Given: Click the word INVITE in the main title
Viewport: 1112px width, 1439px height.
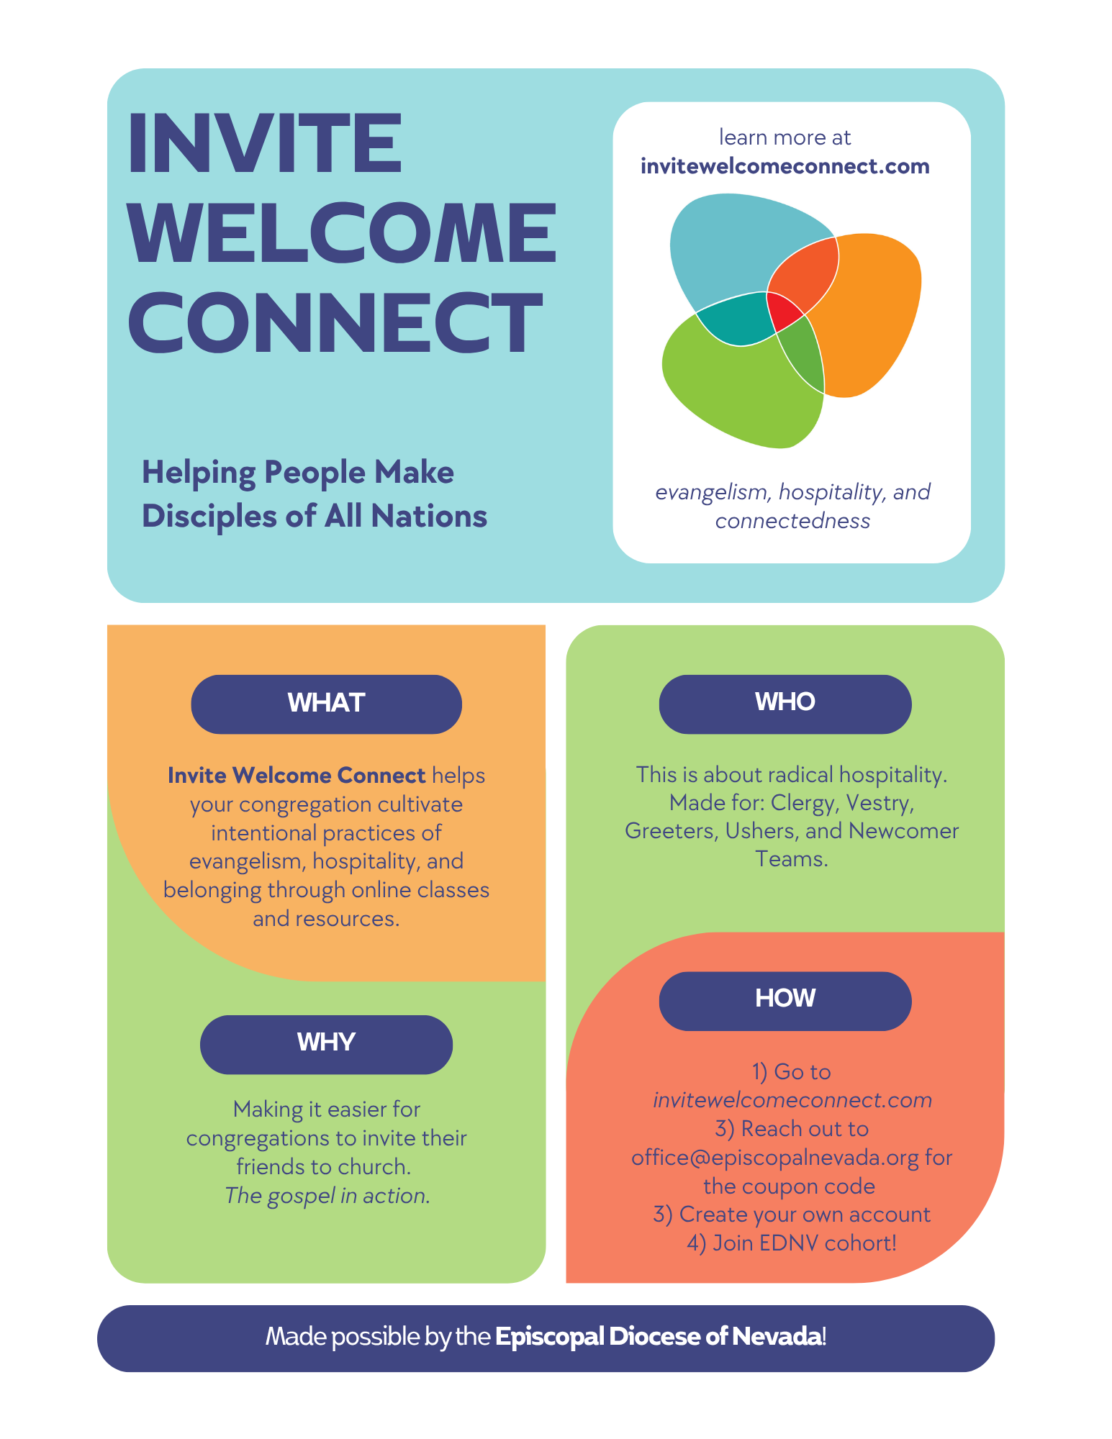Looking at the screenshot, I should point(264,143).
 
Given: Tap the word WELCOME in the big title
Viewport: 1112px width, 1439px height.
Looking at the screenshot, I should point(342,233).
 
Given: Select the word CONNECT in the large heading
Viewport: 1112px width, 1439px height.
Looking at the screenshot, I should point(335,323).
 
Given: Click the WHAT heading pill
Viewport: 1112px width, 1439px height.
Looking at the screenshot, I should point(326,703).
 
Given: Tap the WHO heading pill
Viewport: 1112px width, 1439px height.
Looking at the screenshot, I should point(785,702).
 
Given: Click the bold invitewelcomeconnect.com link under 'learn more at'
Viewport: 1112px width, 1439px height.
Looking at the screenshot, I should point(785,167).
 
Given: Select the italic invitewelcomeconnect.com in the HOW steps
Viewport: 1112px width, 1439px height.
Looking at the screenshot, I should point(792,1100).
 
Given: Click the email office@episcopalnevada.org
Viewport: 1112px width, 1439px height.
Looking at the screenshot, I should point(774,1158).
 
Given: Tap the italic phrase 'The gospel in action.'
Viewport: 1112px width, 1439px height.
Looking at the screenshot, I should point(327,1196).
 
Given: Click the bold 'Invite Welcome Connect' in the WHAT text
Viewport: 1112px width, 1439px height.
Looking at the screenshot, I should point(297,776).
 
